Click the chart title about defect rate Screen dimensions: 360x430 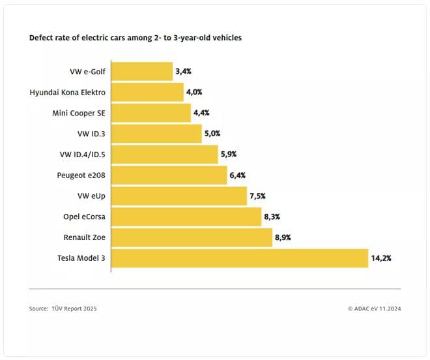point(136,38)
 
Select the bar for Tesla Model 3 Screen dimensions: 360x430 point(240,258)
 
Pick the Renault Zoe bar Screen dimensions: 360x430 point(192,237)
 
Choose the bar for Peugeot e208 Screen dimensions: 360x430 point(169,175)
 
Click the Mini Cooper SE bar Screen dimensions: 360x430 point(151,113)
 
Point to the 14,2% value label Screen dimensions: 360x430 point(381,258)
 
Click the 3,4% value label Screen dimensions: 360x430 point(183,71)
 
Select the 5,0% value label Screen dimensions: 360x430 point(212,134)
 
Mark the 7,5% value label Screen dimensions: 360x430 point(259,196)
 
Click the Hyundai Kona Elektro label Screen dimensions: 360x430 point(68,92)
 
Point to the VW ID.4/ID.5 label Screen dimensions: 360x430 point(82,155)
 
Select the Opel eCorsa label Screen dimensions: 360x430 point(84,217)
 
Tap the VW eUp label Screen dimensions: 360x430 point(91,196)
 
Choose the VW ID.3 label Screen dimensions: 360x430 point(91,134)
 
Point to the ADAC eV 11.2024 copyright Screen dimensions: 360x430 point(374,308)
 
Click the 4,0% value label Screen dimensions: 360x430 point(194,92)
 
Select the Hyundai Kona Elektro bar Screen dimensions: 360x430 point(147,92)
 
